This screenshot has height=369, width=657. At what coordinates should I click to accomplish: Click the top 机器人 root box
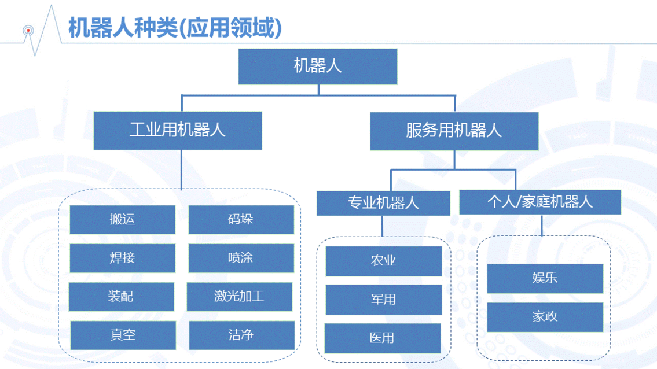point(318,67)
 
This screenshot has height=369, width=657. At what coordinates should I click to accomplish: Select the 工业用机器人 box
point(178,130)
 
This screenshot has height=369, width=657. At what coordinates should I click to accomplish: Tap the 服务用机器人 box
point(454,131)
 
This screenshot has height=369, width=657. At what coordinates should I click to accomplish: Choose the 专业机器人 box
point(383,203)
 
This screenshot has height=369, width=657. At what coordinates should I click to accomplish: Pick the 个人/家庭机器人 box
point(540,202)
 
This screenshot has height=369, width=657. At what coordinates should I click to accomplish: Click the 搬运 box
point(122,219)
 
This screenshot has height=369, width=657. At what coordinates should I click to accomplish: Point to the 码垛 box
point(241,219)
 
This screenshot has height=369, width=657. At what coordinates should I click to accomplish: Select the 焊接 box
point(122,258)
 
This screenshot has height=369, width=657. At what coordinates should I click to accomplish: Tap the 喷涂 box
point(241,258)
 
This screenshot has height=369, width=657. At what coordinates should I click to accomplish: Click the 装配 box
point(121,297)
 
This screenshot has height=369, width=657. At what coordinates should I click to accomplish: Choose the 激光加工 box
point(239,297)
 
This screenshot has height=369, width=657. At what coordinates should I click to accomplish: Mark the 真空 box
point(123,335)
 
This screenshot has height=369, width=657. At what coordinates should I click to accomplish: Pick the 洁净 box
point(242,335)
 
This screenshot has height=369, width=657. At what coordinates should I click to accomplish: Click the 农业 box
point(383,261)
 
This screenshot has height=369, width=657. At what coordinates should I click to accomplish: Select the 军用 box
point(383,300)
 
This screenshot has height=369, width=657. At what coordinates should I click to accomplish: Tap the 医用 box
point(383,338)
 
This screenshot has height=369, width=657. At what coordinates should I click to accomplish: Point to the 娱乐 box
point(545,279)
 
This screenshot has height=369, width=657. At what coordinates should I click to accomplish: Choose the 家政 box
point(545,317)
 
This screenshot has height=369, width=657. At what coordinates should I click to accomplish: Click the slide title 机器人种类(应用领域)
point(175,28)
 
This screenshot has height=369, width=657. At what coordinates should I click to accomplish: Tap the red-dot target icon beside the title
point(28,31)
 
